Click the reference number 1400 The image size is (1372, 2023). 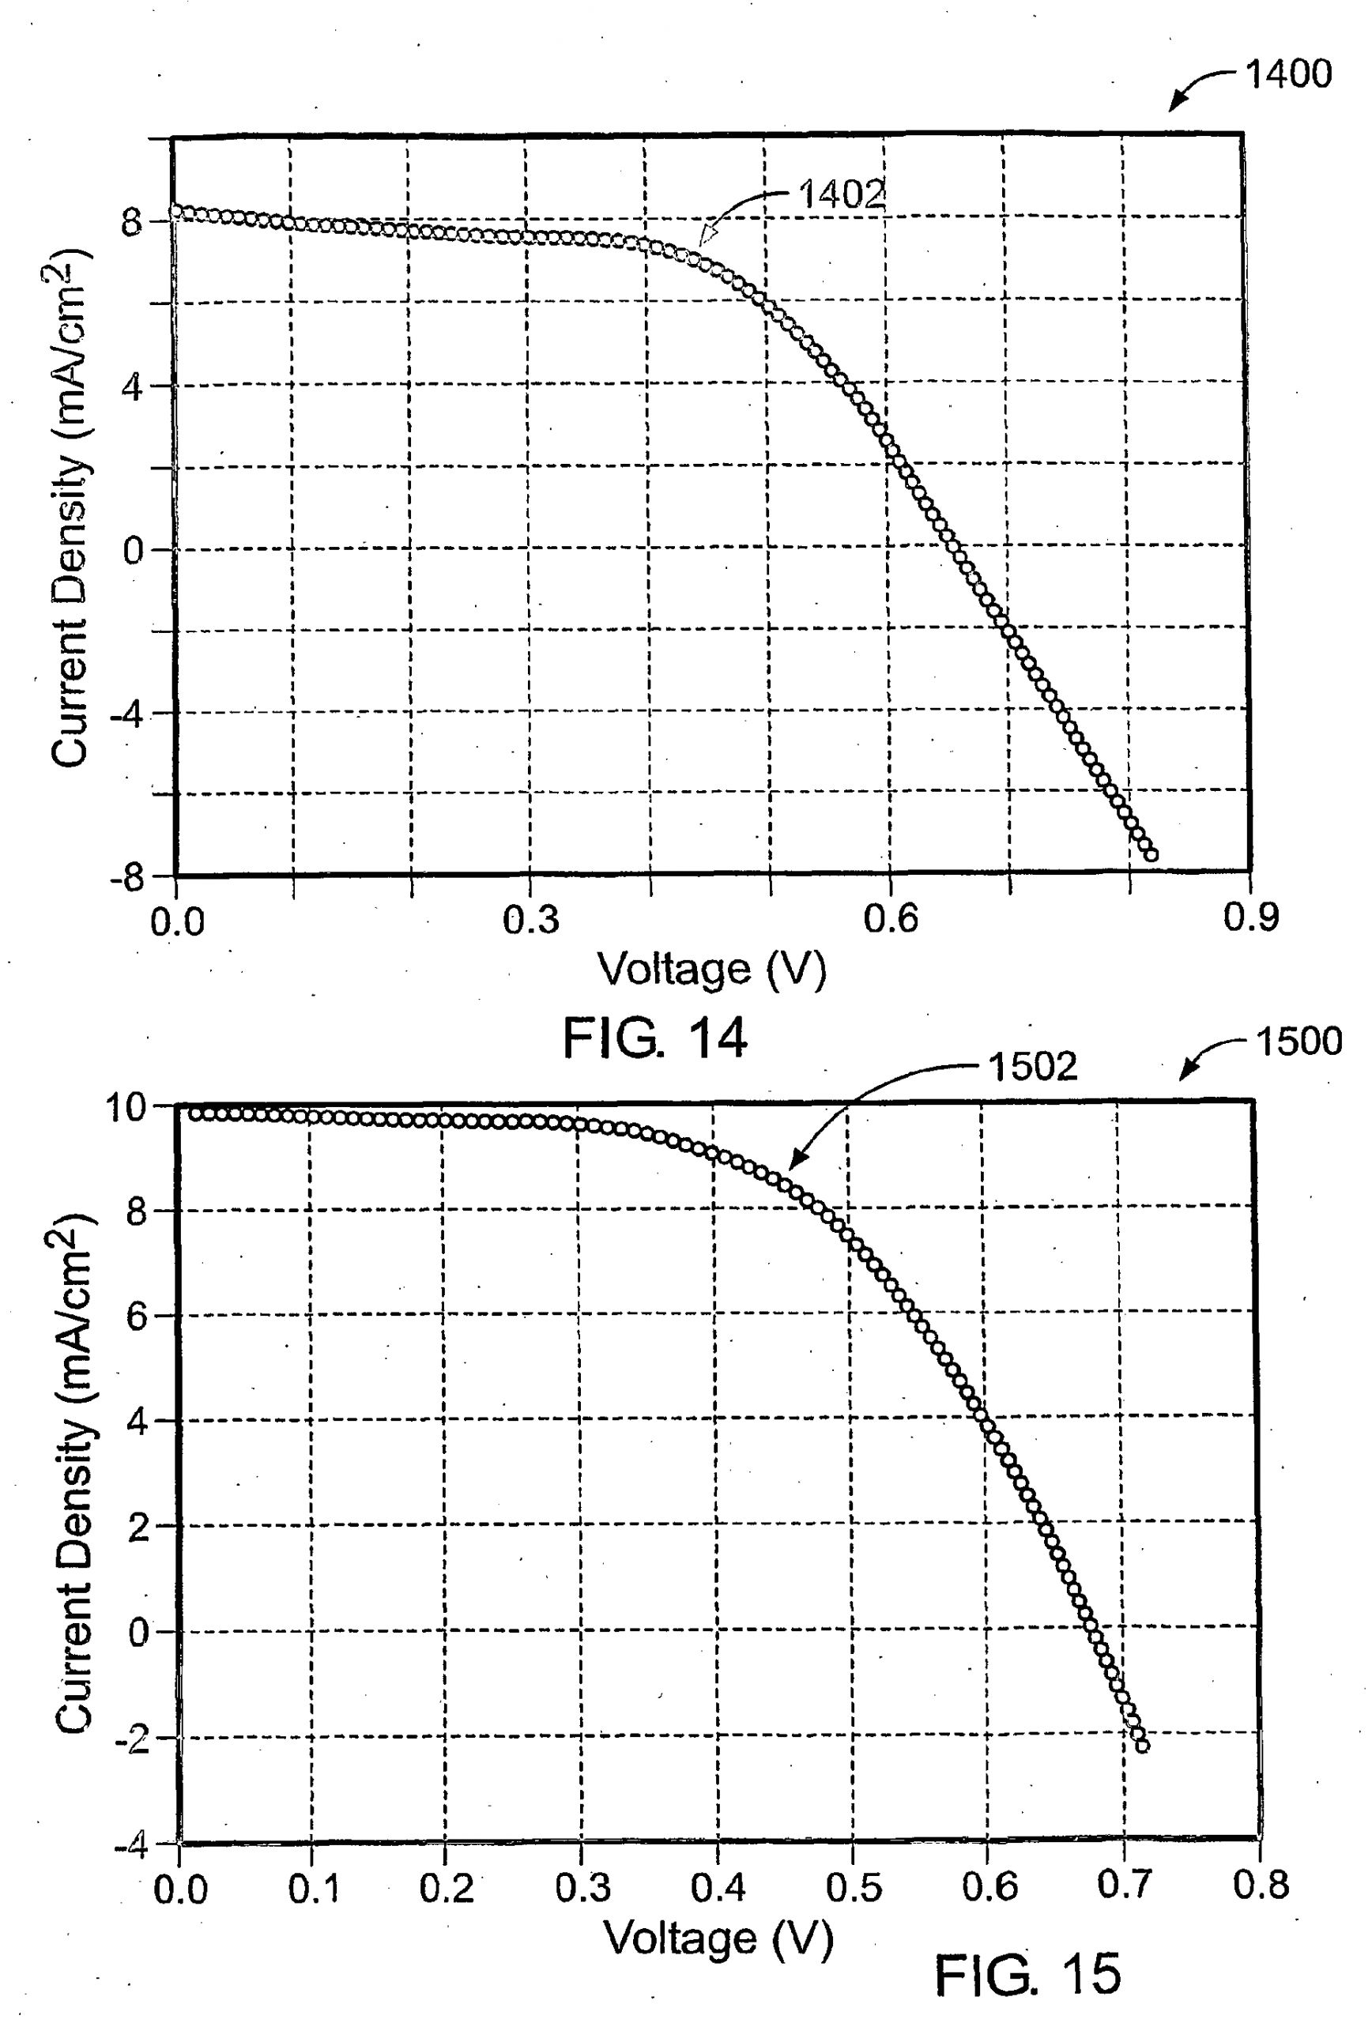click(1287, 74)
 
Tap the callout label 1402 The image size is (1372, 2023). click(840, 194)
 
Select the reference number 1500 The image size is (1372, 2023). click(1298, 1041)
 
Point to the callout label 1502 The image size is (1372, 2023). click(1032, 1066)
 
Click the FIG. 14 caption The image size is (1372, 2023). click(654, 1038)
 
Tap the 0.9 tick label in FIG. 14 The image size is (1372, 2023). click(1250, 917)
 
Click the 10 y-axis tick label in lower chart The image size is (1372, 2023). click(127, 1107)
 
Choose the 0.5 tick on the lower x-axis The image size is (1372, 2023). click(853, 1886)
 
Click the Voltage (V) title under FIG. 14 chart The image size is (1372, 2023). click(710, 969)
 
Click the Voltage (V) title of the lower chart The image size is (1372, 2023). click(718, 1937)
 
